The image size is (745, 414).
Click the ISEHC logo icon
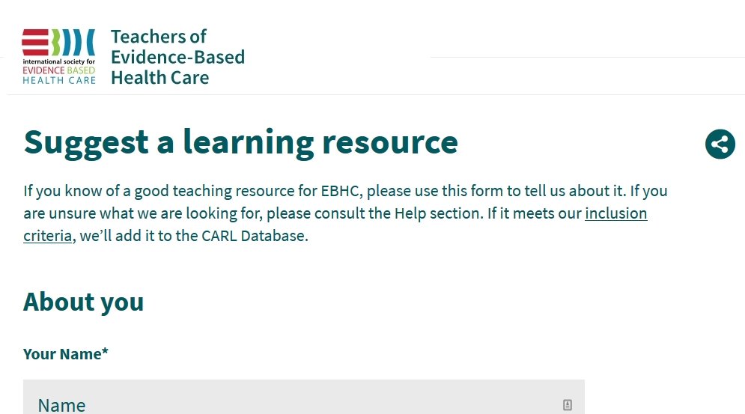[x=58, y=56]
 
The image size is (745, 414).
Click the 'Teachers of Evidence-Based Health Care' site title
[x=177, y=57]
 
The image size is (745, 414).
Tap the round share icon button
[x=720, y=144]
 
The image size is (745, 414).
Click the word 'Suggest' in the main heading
[x=86, y=142]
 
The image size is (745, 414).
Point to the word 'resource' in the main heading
[x=390, y=142]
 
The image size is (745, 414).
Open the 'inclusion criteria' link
[x=615, y=214]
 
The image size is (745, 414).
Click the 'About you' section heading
[x=83, y=302]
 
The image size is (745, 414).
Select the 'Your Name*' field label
[x=66, y=354]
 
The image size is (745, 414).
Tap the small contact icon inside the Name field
[x=568, y=405]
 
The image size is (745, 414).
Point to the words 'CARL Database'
[x=255, y=237]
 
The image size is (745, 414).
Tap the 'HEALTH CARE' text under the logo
[x=58, y=80]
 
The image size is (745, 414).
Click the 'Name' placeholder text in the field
[x=62, y=405]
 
